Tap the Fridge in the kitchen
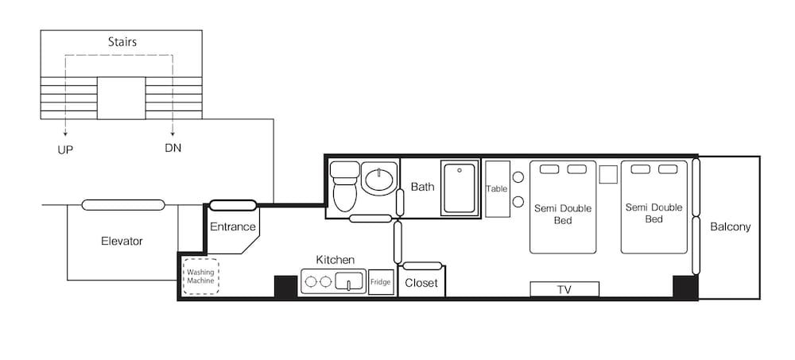click(381, 282)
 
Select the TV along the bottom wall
click(564, 289)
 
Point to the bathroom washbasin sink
click(379, 180)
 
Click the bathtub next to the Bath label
click(459, 188)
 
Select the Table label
click(497, 189)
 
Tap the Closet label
click(421, 283)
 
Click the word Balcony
click(730, 227)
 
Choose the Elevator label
click(122, 241)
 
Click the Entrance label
click(232, 227)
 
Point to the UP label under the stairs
click(66, 148)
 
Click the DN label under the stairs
click(173, 148)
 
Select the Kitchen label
click(335, 260)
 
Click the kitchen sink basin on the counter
click(349, 281)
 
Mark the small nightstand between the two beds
click(608, 175)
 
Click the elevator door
click(123, 205)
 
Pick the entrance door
click(233, 205)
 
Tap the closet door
click(422, 265)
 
